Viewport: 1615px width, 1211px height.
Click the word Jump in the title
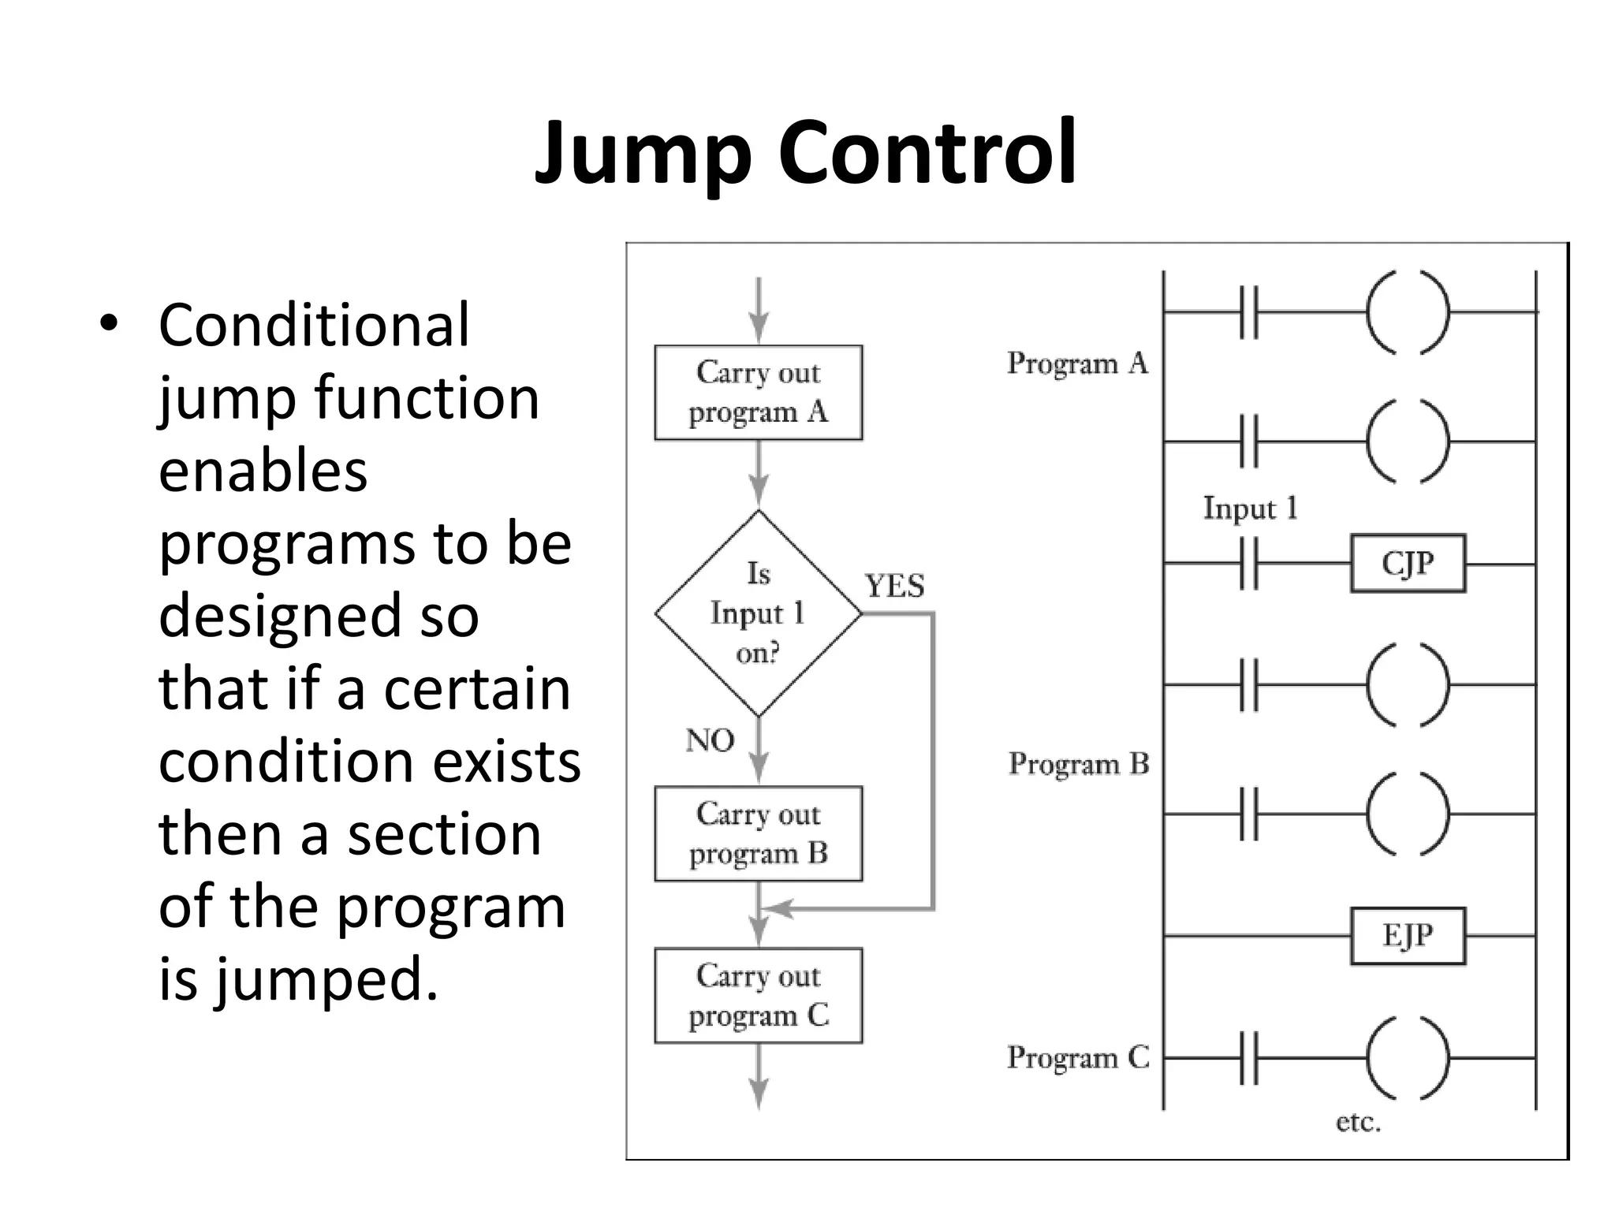[643, 154]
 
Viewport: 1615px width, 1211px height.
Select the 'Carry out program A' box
[758, 393]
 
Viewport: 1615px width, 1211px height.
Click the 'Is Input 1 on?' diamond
[758, 613]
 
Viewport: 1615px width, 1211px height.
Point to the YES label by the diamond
[894, 586]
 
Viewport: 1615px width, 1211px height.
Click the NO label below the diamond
[710, 740]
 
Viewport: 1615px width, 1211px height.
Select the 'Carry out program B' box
[758, 833]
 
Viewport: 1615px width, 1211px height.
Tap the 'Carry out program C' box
[758, 996]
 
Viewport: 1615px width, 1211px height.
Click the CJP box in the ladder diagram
[1408, 564]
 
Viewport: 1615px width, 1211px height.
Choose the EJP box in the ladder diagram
[1408, 936]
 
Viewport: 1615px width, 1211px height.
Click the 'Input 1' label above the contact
[1250, 509]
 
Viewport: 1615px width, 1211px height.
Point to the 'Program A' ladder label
[1076, 363]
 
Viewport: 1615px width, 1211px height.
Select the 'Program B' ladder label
[1078, 764]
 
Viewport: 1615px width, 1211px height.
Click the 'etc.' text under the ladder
[1358, 1122]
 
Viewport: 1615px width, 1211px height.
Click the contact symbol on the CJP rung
[1248, 564]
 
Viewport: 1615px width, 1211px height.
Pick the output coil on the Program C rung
[1408, 1058]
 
